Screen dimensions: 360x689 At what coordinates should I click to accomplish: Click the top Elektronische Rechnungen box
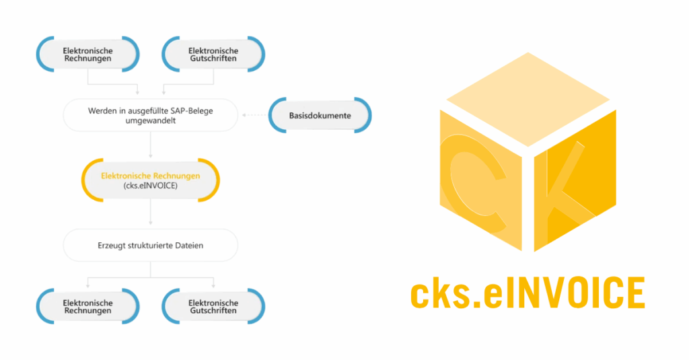pos(87,55)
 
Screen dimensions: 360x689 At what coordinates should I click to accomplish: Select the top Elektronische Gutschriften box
pos(213,55)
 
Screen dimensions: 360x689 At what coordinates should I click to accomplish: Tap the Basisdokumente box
pos(320,116)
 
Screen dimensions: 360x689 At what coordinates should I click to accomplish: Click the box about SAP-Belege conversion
pos(150,116)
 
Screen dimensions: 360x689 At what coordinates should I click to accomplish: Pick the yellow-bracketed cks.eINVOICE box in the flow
pos(150,180)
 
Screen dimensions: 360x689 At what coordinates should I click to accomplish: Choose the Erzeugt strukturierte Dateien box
pos(150,245)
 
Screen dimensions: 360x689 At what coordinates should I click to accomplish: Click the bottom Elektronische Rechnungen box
pos(87,306)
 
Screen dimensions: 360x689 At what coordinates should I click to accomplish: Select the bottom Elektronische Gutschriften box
pos(213,306)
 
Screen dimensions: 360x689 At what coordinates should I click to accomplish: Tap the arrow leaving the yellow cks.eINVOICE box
pos(150,214)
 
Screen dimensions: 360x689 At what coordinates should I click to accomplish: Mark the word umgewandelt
pos(151,122)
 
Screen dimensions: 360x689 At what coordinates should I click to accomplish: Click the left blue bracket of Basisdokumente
pos(275,116)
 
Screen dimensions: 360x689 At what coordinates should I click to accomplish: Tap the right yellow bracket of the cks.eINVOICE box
pos(215,180)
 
